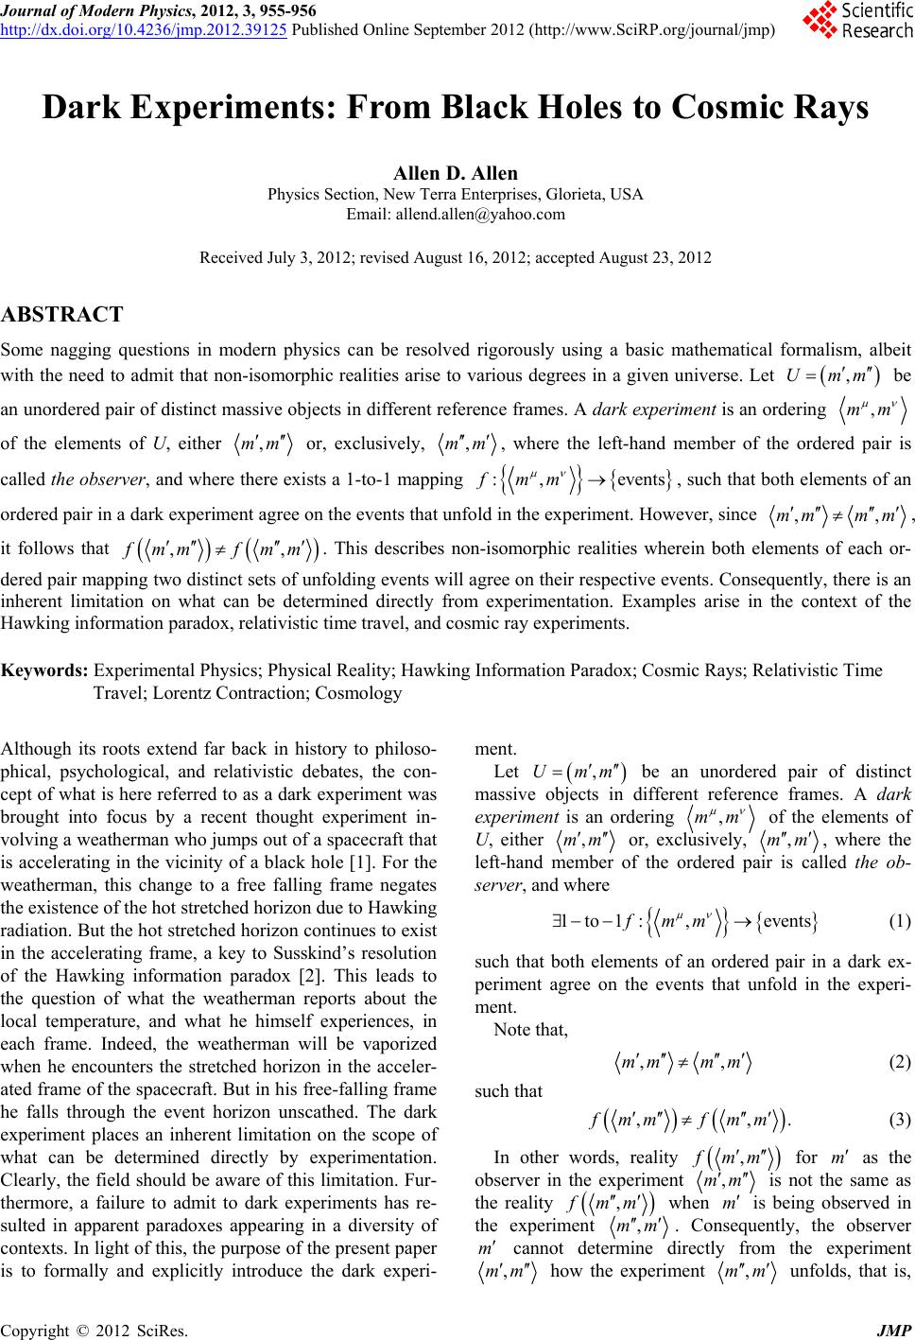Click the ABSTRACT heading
(x=62, y=314)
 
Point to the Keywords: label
(x=44, y=671)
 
